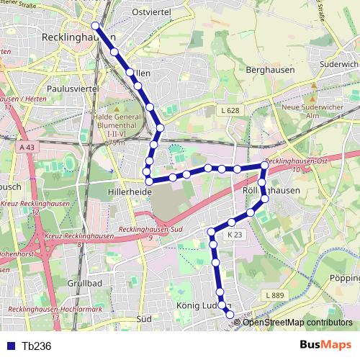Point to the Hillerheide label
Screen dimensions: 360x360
(x=129, y=192)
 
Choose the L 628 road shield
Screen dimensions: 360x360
(x=230, y=111)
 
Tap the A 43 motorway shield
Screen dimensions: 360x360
(x=27, y=147)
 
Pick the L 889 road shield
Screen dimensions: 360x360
(x=275, y=295)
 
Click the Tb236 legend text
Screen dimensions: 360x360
(x=37, y=346)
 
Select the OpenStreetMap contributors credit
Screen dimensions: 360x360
(x=297, y=322)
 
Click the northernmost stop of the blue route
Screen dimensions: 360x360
(x=95, y=26)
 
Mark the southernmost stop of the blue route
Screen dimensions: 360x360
(x=230, y=314)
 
